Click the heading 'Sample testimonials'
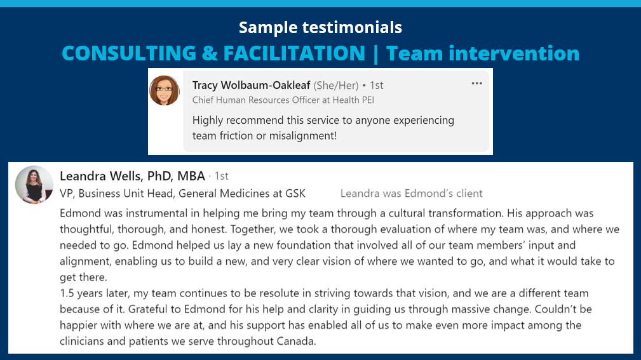coord(320,27)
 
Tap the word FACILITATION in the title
coord(294,53)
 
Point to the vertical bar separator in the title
coord(375,55)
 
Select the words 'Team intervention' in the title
coord(483,53)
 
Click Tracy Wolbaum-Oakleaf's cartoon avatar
coord(165,90)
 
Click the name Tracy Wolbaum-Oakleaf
coord(251,85)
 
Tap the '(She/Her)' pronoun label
coord(336,86)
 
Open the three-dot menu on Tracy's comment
coord(476,83)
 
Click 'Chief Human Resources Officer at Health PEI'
coord(283,100)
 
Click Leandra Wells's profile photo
coord(34,185)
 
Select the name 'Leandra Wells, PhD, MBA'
coord(132,176)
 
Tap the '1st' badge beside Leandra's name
coord(222,176)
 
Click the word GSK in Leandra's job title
coord(295,193)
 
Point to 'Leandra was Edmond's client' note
coord(411,193)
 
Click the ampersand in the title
coord(210,53)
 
